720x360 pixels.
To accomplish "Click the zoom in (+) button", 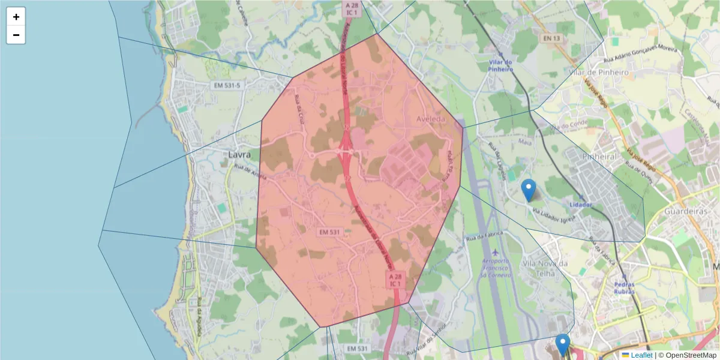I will click(16, 17).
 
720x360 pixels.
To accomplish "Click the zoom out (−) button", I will click(16, 35).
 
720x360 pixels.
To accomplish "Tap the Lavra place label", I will click(239, 154).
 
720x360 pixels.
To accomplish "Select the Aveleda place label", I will click(431, 119).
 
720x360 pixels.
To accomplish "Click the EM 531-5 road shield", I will click(227, 86).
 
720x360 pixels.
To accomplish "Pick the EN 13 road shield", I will click(553, 38).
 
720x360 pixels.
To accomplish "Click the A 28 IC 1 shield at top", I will click(352, 8).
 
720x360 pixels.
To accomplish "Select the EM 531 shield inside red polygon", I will click(330, 232).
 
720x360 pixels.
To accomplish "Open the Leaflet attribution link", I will click(641, 355).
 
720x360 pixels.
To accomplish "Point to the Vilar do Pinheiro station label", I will click(501, 65).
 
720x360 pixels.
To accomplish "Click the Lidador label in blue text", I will click(580, 205).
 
